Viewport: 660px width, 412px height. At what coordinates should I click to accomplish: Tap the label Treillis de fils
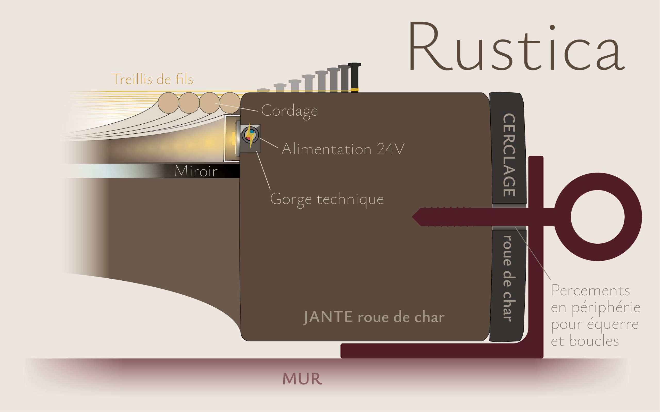[x=152, y=79]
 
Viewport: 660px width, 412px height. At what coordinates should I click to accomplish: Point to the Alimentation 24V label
[x=343, y=149]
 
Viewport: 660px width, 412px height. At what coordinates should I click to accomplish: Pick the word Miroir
[x=196, y=171]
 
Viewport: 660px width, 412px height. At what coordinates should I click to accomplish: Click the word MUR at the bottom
[x=302, y=379]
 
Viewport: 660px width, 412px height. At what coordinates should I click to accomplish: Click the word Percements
[x=590, y=291]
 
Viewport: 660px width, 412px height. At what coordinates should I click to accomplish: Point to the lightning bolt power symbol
[x=249, y=135]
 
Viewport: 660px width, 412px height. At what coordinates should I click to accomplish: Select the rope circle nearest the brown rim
[x=230, y=103]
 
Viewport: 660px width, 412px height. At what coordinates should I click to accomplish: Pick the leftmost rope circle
[x=169, y=103]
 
